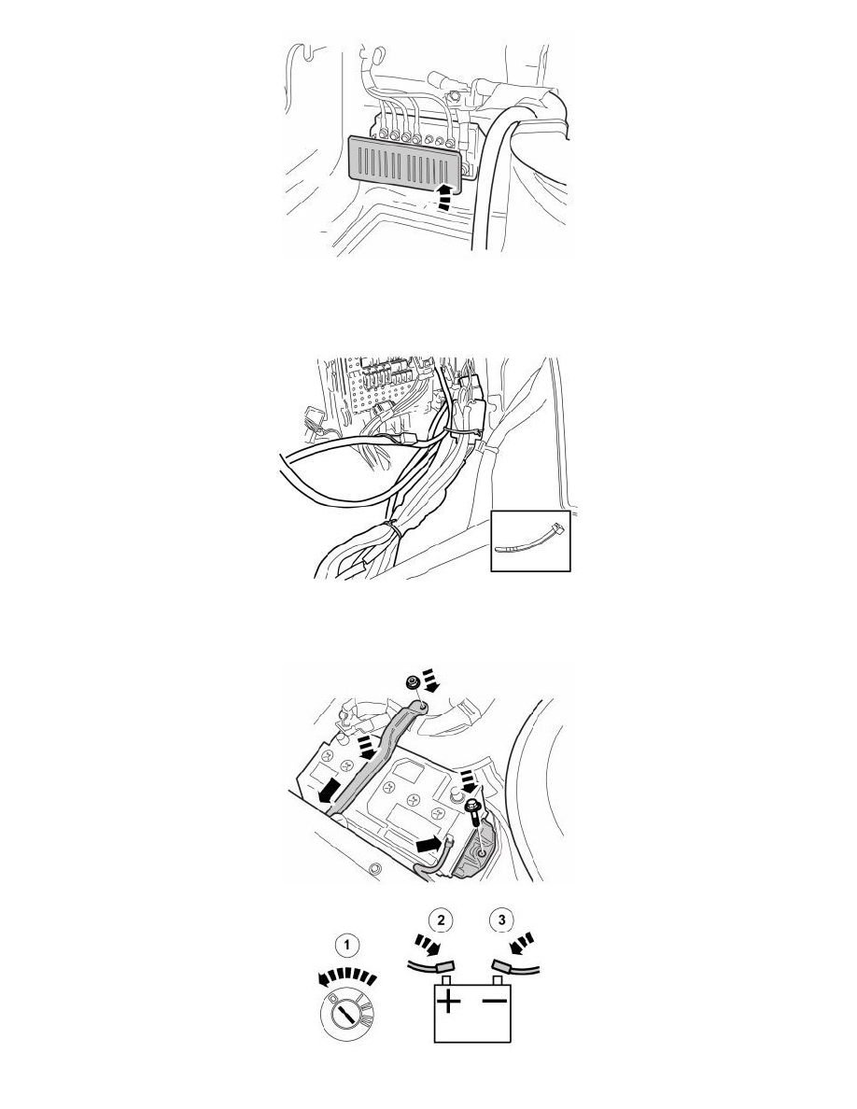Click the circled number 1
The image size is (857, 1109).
click(346, 944)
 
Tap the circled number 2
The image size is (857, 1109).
click(442, 920)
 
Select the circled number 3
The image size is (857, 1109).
click(502, 920)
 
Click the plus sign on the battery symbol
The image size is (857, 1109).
click(449, 1002)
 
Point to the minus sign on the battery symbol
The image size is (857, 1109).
click(495, 1000)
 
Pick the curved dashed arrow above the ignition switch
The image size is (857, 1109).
click(346, 978)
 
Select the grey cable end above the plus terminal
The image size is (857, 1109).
click(445, 964)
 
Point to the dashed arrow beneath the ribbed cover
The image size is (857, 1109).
click(443, 196)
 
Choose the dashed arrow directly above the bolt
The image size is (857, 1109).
click(467, 783)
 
